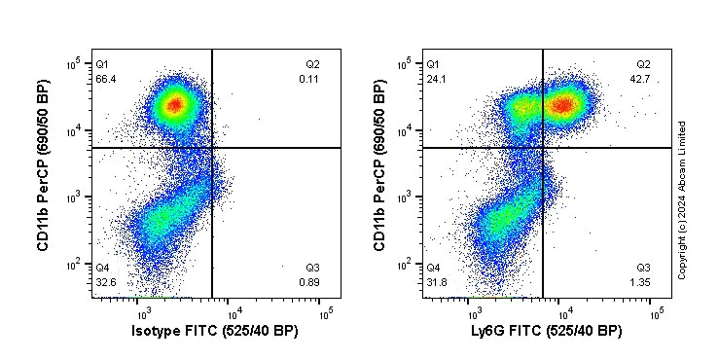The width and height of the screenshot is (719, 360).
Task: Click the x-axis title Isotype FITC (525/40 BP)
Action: (214, 332)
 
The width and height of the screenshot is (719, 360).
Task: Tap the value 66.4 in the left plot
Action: (106, 78)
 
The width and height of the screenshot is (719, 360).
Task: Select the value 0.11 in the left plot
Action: (310, 78)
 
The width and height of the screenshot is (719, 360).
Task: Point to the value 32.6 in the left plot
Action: (106, 281)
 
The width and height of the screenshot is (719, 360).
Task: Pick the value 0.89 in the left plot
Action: (310, 281)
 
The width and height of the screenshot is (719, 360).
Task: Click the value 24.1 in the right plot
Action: (436, 78)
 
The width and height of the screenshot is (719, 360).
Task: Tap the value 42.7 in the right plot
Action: (640, 78)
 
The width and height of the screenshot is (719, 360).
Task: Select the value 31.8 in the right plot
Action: (436, 281)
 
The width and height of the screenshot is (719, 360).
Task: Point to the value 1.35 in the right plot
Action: (640, 281)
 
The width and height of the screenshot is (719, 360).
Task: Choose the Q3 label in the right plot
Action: (643, 268)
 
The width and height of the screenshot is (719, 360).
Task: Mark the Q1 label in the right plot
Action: (433, 64)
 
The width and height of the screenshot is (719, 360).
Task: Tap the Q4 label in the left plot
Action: (102, 268)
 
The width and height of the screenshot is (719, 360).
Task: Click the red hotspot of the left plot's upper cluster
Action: (175, 103)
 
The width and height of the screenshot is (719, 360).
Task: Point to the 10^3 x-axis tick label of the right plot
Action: (474, 312)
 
